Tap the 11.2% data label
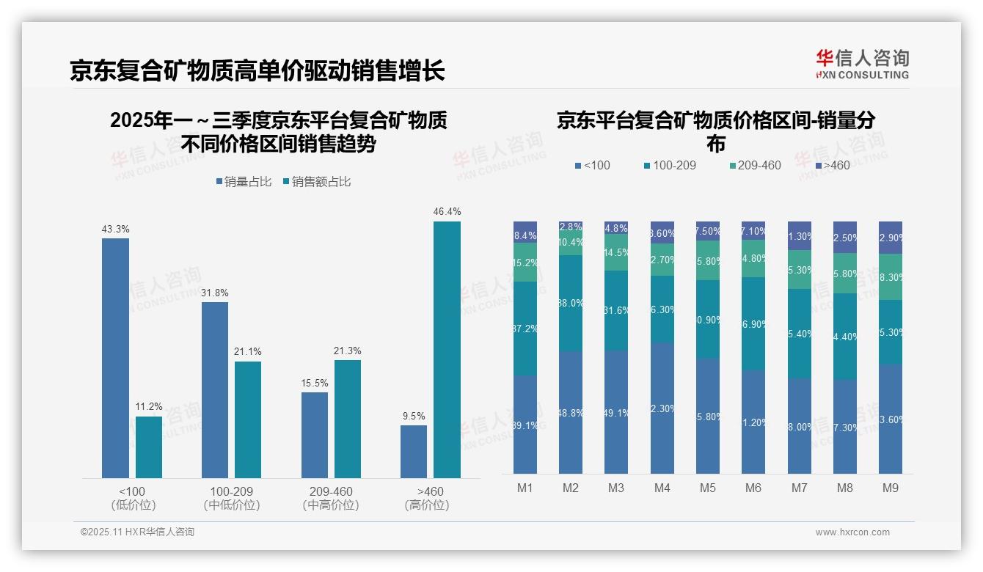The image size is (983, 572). click(149, 407)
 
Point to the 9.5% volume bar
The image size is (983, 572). click(414, 452)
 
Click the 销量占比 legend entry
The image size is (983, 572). click(243, 182)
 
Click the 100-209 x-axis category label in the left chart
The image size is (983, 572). click(231, 491)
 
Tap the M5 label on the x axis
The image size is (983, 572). click(707, 488)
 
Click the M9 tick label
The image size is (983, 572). click(890, 488)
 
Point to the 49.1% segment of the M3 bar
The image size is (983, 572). click(616, 412)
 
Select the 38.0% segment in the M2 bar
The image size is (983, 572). click(571, 303)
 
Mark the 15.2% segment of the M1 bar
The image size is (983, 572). click(525, 263)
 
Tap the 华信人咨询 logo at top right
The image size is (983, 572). click(862, 64)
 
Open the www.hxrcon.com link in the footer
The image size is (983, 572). click(852, 532)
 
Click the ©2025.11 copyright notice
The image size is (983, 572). click(137, 532)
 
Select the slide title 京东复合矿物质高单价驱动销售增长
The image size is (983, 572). click(257, 70)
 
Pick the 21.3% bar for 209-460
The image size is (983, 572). click(348, 419)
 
